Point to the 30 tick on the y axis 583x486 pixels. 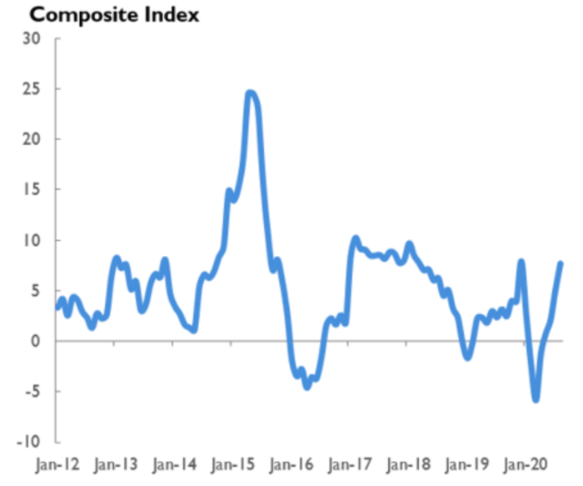click(31, 39)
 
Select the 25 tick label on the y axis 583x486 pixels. click(31, 89)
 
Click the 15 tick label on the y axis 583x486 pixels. click(31, 190)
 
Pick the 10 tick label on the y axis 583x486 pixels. click(31, 241)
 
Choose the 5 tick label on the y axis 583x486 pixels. click(35, 291)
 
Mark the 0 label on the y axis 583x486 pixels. click(35, 342)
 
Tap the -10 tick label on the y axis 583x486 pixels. click(29, 443)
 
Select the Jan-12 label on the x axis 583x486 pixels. click(57, 463)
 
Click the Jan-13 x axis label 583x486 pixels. click(117, 463)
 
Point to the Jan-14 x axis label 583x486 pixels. click(176, 463)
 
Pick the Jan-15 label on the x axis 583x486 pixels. click(234, 463)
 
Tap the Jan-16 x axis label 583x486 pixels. click(292, 463)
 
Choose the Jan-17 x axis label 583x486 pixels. click(351, 463)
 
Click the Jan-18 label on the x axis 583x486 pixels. click(409, 463)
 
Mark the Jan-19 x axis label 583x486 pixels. click(467, 463)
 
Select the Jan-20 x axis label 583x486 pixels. click(526, 463)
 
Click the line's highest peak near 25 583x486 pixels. click(251, 93)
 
